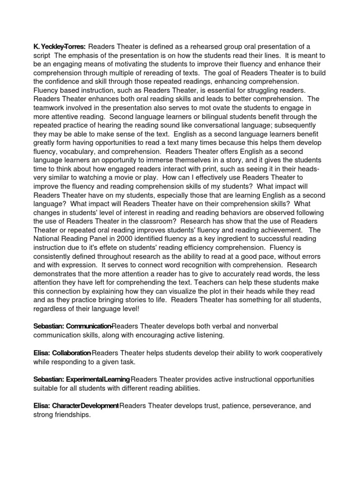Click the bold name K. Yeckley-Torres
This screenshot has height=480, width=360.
pyautogui.click(x=59, y=46)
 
